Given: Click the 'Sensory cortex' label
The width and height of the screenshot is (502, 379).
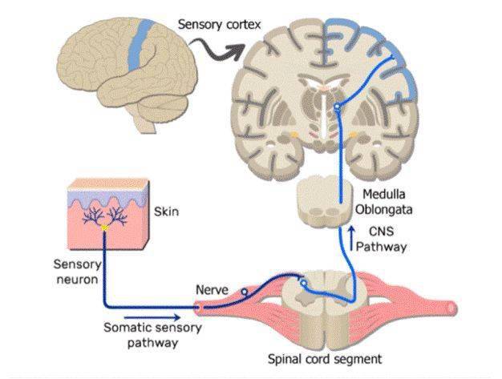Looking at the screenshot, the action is (x=219, y=25).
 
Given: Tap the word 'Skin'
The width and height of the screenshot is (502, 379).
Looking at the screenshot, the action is (x=166, y=212).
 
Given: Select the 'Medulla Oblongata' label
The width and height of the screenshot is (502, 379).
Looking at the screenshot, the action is (x=383, y=202).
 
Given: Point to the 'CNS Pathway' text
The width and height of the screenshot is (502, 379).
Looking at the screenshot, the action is (x=381, y=240).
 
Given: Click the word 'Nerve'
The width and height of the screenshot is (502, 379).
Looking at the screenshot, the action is (x=212, y=290).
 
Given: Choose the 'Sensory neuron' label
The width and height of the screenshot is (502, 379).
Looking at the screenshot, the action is (x=77, y=272).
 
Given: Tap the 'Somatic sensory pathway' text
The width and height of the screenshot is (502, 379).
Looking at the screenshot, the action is (x=152, y=335).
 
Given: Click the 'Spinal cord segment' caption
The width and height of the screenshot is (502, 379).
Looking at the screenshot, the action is (x=325, y=359).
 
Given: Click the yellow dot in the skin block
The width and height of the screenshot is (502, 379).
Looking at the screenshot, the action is (x=104, y=228).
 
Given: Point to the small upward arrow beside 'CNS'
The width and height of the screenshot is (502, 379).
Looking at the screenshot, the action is (x=351, y=238).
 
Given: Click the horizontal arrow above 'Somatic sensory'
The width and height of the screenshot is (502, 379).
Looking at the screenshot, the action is (x=152, y=317).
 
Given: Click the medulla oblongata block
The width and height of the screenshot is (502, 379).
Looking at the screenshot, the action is (x=322, y=202).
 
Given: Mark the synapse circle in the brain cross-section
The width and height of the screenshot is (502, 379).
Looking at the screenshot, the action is (x=337, y=107).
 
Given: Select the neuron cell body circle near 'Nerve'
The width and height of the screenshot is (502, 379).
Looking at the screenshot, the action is (x=245, y=292).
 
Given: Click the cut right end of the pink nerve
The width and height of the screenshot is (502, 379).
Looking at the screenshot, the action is (x=451, y=308).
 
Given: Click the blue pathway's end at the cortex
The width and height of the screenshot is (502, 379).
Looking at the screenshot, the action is (x=392, y=57).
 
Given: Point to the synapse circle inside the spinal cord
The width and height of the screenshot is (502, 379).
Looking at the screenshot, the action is (x=303, y=283).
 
